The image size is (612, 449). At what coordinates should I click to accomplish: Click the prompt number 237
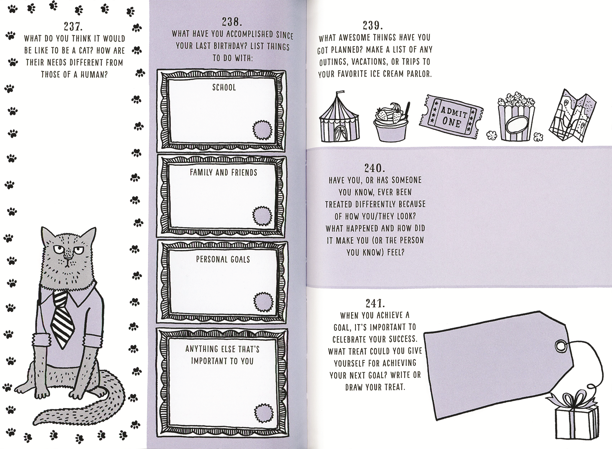pos(73,27)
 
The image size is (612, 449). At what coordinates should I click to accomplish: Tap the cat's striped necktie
pos(63,320)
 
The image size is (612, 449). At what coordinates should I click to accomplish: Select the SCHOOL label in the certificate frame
pos(224,88)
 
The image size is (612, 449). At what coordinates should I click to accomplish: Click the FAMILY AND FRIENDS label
pos(223,172)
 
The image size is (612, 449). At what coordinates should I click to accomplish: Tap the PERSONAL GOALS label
pos(223,259)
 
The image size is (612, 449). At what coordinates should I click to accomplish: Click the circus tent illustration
pos(339,118)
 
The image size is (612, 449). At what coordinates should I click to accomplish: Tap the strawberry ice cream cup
pos(391,123)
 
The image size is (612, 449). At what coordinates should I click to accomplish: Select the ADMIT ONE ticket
pos(451,116)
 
